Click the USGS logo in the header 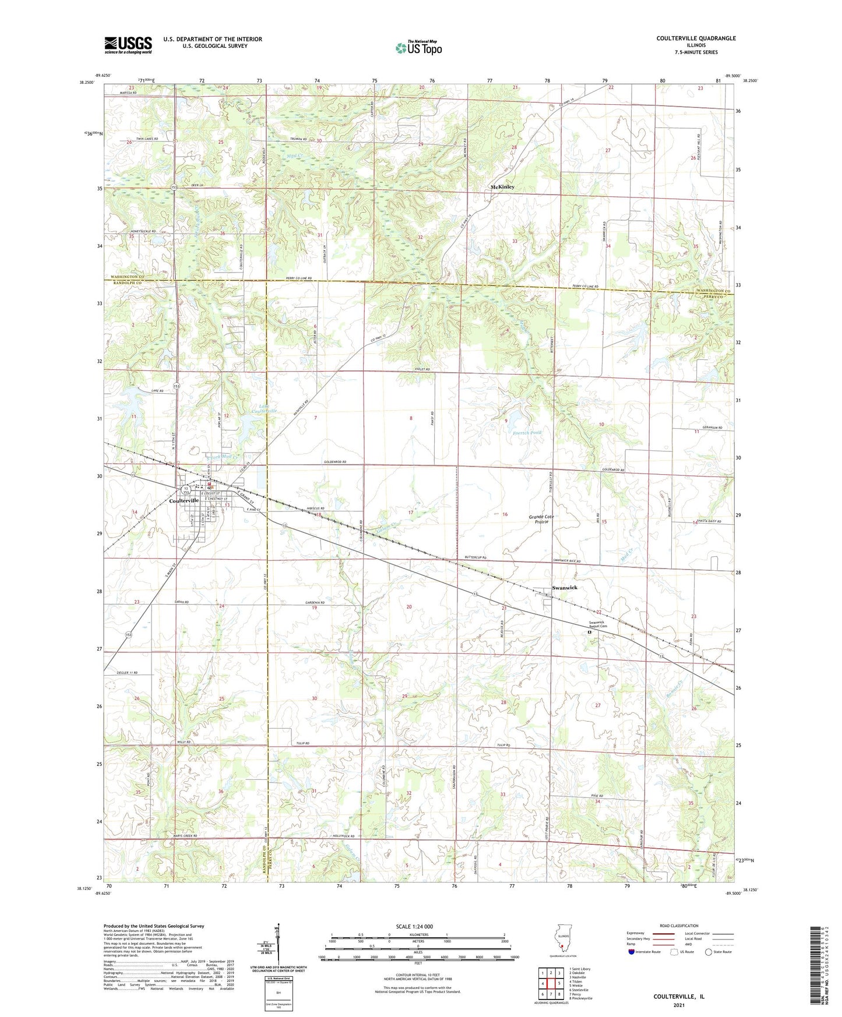[x=128, y=44]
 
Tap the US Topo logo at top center [x=418, y=48]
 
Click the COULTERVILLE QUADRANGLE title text [x=696, y=38]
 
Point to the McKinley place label [x=502, y=187]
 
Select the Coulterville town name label [x=184, y=500]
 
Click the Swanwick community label [x=565, y=588]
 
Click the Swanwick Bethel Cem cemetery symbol [x=589, y=631]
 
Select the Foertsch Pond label [x=527, y=433]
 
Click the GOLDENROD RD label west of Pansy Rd [x=335, y=462]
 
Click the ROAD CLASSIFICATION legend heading [x=678, y=926]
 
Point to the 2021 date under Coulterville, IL [x=678, y=1005]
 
